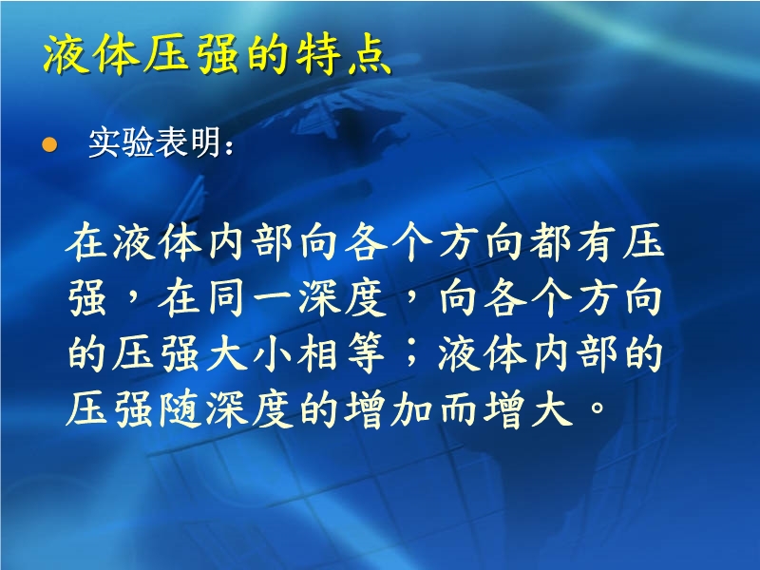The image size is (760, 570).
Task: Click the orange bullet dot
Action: coord(49,144)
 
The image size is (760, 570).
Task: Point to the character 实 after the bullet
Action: coord(104,142)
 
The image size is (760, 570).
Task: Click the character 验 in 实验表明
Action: coord(138,142)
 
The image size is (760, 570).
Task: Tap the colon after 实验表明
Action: coord(229,145)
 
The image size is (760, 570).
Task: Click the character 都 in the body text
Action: coord(549,242)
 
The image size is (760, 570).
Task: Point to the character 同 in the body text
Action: coord(226,297)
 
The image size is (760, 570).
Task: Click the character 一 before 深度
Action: coord(272,298)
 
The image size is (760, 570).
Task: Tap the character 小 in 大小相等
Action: coord(272,352)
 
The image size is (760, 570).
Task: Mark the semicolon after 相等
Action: coord(411,352)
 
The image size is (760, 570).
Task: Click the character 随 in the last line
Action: coord(180,408)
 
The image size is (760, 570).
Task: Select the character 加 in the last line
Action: coord(411,408)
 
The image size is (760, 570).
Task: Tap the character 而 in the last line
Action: coord(458,408)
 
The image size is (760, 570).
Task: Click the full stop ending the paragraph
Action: coord(598,408)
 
